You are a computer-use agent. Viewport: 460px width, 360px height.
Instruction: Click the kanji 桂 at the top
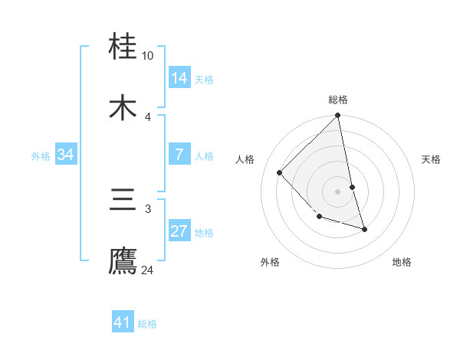point(124,48)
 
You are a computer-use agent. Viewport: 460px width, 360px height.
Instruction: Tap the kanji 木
point(124,108)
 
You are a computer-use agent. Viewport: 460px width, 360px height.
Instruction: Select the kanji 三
point(124,201)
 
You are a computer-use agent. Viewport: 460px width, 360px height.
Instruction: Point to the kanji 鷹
point(124,260)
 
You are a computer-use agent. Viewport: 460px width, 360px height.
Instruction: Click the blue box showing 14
point(179,77)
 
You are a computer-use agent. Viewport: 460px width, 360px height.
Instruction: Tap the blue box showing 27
point(179,231)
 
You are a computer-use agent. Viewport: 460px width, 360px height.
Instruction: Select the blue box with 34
point(66,155)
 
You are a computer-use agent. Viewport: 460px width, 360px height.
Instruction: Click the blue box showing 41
point(123,322)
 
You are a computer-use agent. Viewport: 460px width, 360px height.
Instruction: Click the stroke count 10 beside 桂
point(148,56)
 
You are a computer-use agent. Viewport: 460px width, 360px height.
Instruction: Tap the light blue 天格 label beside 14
point(204,79)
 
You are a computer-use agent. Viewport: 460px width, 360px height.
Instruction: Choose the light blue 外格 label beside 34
point(41,156)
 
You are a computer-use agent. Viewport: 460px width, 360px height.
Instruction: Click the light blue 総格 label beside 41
point(147,324)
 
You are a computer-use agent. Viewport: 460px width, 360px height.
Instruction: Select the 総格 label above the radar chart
point(338,100)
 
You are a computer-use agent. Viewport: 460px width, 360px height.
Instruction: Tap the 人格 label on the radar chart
point(245,159)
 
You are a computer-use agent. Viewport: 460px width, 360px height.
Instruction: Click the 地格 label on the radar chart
point(402,262)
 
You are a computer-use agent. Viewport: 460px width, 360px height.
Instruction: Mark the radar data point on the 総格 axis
point(337,116)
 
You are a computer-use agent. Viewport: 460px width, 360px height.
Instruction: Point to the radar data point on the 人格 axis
point(280,172)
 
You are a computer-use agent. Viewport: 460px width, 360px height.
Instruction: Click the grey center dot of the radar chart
point(337,191)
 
